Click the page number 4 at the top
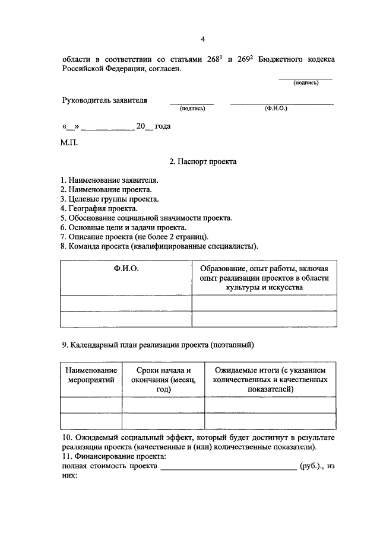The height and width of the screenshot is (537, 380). (202, 40)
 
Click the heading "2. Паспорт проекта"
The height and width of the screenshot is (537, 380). (202, 161)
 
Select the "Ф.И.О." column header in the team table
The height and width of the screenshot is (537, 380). (126, 269)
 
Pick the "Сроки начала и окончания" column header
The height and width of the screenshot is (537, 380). (163, 379)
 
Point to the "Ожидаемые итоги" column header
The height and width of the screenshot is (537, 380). (270, 379)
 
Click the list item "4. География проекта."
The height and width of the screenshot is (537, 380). (99, 208)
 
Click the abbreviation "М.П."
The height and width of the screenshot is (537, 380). (69, 142)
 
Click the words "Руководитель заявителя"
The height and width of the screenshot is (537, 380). (104, 101)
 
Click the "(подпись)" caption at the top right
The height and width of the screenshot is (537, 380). (306, 83)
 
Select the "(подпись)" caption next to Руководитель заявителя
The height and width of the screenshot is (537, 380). (192, 109)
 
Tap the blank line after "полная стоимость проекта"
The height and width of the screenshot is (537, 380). (228, 468)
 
